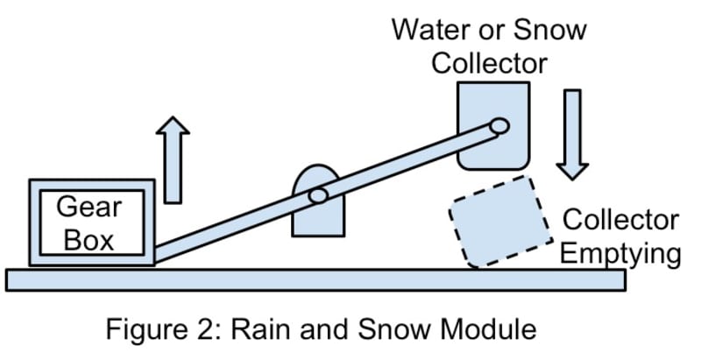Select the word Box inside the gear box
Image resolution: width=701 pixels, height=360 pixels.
click(89, 237)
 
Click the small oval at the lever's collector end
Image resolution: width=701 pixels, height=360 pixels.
click(499, 125)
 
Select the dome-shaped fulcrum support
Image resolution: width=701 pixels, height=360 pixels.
click(317, 215)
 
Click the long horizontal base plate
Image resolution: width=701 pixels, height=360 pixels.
click(315, 279)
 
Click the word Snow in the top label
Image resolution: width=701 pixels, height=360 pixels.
click(552, 32)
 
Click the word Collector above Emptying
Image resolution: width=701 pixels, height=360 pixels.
click(620, 222)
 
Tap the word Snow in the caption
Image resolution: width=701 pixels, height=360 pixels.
click(386, 330)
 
